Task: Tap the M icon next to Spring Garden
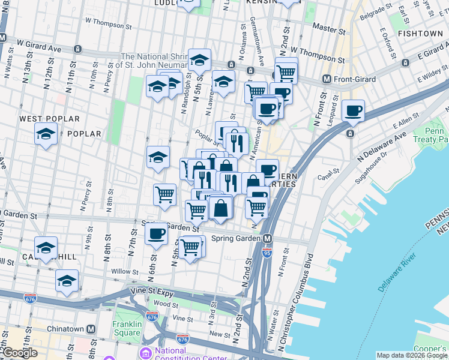click(267, 238)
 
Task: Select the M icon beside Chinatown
click(91, 329)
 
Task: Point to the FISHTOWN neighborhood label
click(423, 34)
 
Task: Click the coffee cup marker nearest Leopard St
click(354, 111)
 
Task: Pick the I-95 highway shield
click(268, 253)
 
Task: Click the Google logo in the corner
click(20, 353)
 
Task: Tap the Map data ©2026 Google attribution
click(411, 355)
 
